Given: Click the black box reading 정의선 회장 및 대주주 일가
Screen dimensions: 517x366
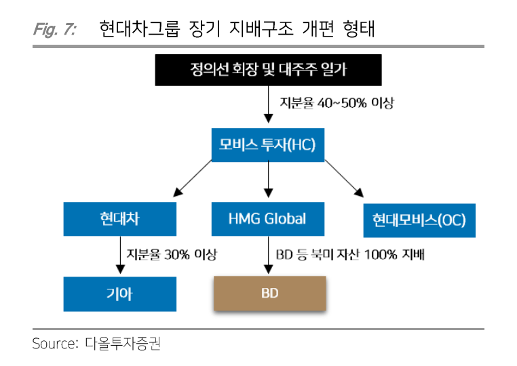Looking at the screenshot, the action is click(x=269, y=70).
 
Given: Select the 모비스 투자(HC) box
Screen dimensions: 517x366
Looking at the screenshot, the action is click(x=268, y=145).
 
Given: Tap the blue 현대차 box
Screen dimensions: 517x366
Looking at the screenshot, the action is click(x=120, y=219).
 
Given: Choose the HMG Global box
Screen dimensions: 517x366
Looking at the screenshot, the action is click(x=268, y=219).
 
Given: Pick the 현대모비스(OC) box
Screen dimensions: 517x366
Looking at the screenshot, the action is click(x=419, y=220).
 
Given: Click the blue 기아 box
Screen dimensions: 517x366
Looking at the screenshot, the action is click(x=120, y=294).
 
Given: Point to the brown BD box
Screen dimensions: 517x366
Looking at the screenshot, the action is click(x=270, y=293).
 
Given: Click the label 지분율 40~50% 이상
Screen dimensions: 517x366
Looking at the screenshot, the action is click(x=337, y=103).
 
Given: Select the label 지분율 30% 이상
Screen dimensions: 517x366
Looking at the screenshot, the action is click(x=172, y=254).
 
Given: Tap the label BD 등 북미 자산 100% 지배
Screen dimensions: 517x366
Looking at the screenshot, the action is click(x=350, y=254).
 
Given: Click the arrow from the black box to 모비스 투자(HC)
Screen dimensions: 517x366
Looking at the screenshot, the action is click(x=269, y=104).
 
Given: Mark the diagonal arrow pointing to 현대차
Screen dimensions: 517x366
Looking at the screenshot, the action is click(x=193, y=178).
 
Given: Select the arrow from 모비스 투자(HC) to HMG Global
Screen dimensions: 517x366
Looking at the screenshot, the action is click(x=269, y=179).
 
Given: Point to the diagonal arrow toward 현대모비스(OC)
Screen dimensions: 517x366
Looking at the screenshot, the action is click(x=344, y=178).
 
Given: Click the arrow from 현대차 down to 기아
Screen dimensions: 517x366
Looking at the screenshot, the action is click(x=120, y=255).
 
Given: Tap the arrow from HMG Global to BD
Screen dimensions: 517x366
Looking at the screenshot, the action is click(x=269, y=255).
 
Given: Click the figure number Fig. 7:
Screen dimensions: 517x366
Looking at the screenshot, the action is click(x=55, y=29).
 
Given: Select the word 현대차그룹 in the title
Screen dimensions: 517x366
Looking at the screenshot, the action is click(x=140, y=28).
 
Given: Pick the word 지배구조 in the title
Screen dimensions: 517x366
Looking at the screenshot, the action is click(x=261, y=28).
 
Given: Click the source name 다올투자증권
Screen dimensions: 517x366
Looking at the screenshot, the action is click(x=123, y=344).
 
